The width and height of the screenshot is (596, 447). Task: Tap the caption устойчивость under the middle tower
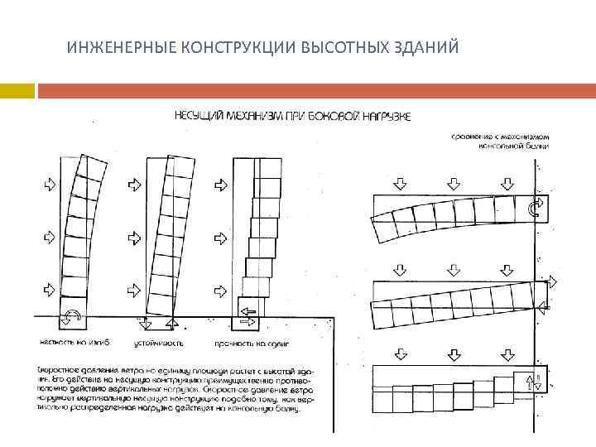160,342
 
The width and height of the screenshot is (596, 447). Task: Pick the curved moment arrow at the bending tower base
71,315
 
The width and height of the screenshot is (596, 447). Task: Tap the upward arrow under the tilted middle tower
171,324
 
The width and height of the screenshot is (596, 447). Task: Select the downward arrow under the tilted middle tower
146,324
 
